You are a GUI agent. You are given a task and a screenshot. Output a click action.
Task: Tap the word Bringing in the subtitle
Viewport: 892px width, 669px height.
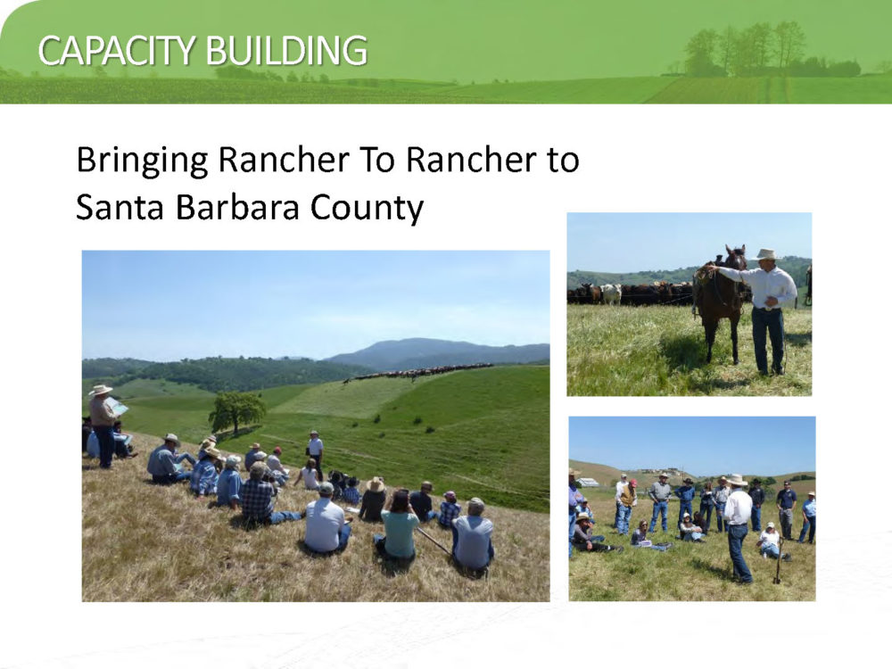[142, 161]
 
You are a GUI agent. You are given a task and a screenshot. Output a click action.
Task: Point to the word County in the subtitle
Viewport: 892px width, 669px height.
[367, 208]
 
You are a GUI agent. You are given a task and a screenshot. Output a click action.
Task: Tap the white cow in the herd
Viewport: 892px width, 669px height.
[611, 293]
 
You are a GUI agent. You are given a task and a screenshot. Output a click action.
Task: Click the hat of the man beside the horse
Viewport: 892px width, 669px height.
[766, 254]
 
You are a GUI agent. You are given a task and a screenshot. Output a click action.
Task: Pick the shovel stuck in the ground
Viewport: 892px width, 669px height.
[779, 560]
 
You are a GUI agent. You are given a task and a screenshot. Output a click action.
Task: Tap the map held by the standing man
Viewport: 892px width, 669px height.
[117, 406]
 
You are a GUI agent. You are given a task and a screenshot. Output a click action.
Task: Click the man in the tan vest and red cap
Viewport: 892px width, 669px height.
[626, 505]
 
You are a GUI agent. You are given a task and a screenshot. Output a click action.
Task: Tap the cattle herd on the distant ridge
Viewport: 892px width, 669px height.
[421, 372]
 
